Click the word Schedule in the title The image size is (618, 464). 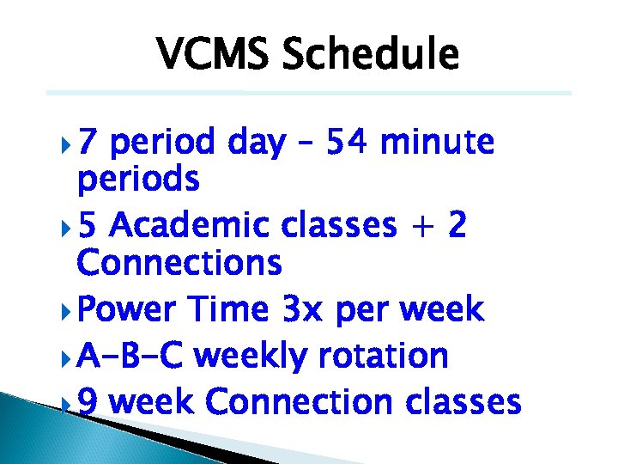pos(370,54)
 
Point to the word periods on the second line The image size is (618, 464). pos(138,180)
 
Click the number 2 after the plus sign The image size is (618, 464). pos(457,225)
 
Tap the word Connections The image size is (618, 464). pos(179,263)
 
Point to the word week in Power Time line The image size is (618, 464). pos(441,309)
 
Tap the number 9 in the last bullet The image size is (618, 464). pos(88,401)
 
